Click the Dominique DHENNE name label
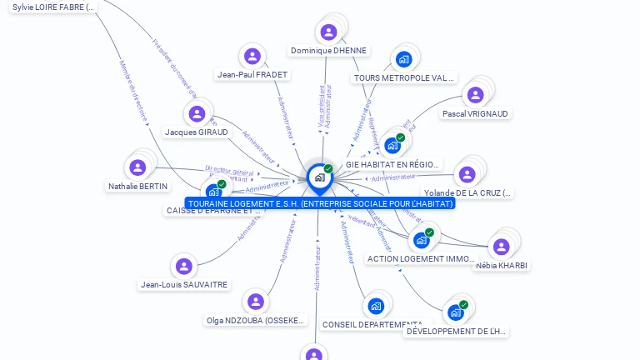(328, 51)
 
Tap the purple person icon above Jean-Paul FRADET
(252, 57)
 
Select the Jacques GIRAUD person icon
(197, 114)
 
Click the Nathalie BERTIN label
(137, 187)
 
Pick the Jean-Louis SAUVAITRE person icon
(183, 267)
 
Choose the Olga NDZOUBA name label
(257, 321)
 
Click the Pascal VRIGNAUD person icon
(475, 95)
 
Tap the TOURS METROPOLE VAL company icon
(404, 59)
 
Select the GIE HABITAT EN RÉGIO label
(393, 165)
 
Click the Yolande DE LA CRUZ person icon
(467, 174)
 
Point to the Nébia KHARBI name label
(501, 266)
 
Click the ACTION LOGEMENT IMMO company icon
(422, 241)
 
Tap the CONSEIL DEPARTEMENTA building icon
(376, 307)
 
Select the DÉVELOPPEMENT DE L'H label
(456, 332)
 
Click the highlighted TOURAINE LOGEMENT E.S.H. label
(320, 203)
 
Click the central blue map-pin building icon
(319, 177)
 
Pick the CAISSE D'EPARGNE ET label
(213, 211)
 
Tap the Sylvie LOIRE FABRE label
(54, 7)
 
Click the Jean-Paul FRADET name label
(252, 75)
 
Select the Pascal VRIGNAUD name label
(475, 114)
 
